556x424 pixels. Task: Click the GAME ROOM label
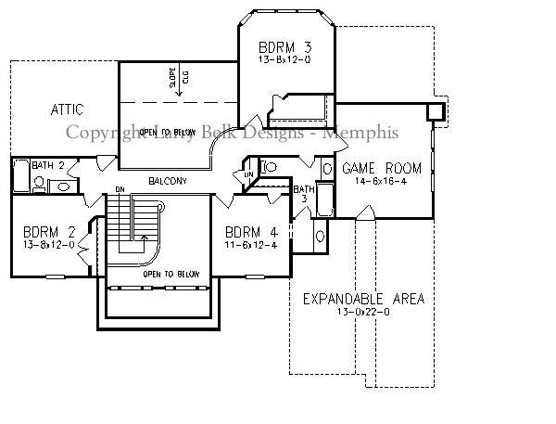coord(382,168)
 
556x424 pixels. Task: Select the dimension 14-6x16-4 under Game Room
coord(382,181)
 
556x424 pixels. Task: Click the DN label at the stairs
coord(120,190)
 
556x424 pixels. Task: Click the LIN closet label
coord(248,174)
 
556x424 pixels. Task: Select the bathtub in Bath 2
coord(20,177)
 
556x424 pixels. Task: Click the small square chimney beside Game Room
coord(434,111)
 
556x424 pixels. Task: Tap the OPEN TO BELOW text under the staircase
coord(168,274)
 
